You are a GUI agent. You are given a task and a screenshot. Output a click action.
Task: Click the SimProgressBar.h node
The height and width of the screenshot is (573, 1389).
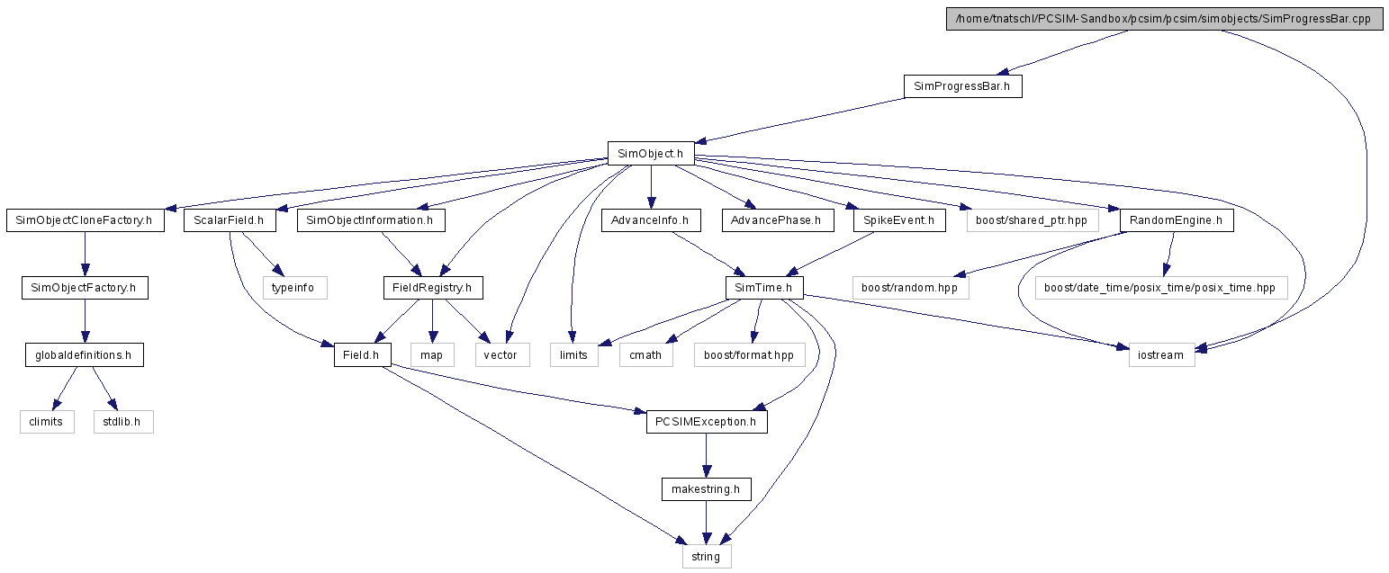[962, 86]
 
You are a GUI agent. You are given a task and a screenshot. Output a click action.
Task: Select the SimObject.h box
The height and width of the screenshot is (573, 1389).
[651, 154]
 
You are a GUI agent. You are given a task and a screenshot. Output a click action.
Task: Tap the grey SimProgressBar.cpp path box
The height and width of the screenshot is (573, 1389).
[1164, 19]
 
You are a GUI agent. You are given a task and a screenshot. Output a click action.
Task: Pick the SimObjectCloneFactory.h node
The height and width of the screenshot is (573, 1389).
[85, 220]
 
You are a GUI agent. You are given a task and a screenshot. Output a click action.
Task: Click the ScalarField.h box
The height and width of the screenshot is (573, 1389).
[230, 220]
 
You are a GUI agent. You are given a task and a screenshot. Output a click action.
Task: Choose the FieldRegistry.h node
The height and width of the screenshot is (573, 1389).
[433, 288]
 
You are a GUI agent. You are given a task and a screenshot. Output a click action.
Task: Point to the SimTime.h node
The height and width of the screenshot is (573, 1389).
[764, 288]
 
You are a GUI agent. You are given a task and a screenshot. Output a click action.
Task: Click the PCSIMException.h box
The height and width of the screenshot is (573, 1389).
[707, 422]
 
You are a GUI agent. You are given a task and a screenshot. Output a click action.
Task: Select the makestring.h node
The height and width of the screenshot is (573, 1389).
[707, 489]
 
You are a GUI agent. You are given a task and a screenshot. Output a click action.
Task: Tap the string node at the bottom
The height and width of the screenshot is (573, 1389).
[707, 556]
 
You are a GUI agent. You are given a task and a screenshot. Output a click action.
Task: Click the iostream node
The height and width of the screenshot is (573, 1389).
[1161, 355]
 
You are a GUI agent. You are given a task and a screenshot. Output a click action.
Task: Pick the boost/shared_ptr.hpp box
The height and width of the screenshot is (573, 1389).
[1033, 220]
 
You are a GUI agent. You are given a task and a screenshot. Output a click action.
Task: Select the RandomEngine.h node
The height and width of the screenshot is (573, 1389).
[1177, 220]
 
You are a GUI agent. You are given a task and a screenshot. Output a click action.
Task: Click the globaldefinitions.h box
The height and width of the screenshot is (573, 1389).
[85, 355]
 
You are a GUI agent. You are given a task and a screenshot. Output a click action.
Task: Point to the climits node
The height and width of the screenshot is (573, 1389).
[47, 422]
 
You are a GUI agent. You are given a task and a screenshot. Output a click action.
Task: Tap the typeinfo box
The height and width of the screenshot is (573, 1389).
[294, 288]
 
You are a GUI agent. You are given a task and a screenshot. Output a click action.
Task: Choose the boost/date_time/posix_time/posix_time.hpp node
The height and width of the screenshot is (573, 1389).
[1161, 288]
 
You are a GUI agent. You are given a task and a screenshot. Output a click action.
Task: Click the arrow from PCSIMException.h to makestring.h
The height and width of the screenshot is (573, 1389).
[707, 455]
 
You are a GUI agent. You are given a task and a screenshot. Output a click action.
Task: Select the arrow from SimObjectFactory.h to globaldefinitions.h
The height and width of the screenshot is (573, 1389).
[85, 321]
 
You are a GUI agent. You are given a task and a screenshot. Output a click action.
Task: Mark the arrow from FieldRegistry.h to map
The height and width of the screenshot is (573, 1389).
[432, 321]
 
